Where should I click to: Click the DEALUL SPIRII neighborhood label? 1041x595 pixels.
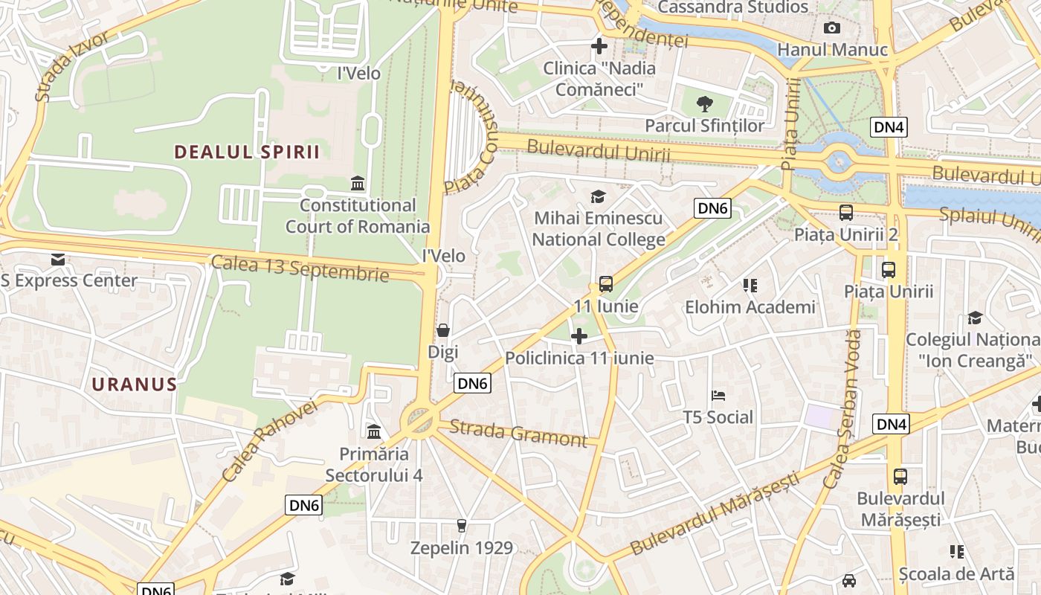click(x=247, y=152)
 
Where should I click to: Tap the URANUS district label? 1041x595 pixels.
click(x=135, y=385)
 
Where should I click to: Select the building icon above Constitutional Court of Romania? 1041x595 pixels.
click(x=358, y=183)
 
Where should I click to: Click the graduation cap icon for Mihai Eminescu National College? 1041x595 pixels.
click(x=598, y=196)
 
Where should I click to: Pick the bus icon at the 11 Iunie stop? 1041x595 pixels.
click(x=606, y=284)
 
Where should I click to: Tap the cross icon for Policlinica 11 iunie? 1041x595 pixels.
click(x=579, y=336)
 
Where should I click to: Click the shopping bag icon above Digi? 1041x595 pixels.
click(x=443, y=330)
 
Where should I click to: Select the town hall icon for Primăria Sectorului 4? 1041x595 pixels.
click(x=374, y=431)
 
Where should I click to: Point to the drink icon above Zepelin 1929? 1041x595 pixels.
click(x=462, y=526)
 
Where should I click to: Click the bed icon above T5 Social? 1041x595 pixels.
click(x=718, y=395)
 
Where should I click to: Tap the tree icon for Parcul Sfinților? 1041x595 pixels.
click(x=704, y=104)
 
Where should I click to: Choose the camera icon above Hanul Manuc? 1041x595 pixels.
click(x=832, y=28)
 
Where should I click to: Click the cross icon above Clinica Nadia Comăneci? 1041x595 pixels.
click(x=599, y=46)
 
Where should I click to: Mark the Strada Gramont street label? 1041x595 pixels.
click(x=518, y=433)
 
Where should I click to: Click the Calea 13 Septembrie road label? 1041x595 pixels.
click(x=300, y=268)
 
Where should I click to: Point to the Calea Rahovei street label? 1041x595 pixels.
click(x=269, y=440)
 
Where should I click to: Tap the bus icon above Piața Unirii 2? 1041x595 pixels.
click(x=846, y=213)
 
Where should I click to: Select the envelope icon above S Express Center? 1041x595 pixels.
click(x=58, y=260)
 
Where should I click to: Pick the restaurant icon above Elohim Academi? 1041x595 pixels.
click(x=750, y=285)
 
